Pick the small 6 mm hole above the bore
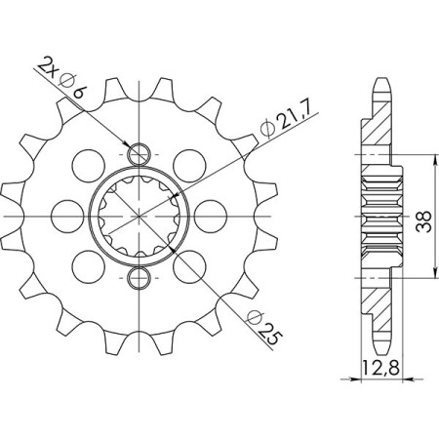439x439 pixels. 140,154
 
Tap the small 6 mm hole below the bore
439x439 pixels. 140,280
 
